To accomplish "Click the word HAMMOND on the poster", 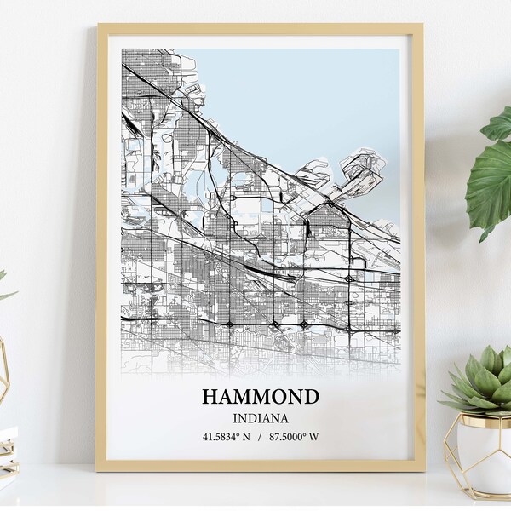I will point(261,397).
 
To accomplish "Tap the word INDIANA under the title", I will point(261,418).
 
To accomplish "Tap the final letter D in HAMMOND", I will point(312,397).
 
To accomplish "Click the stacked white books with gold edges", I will point(7,451).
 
